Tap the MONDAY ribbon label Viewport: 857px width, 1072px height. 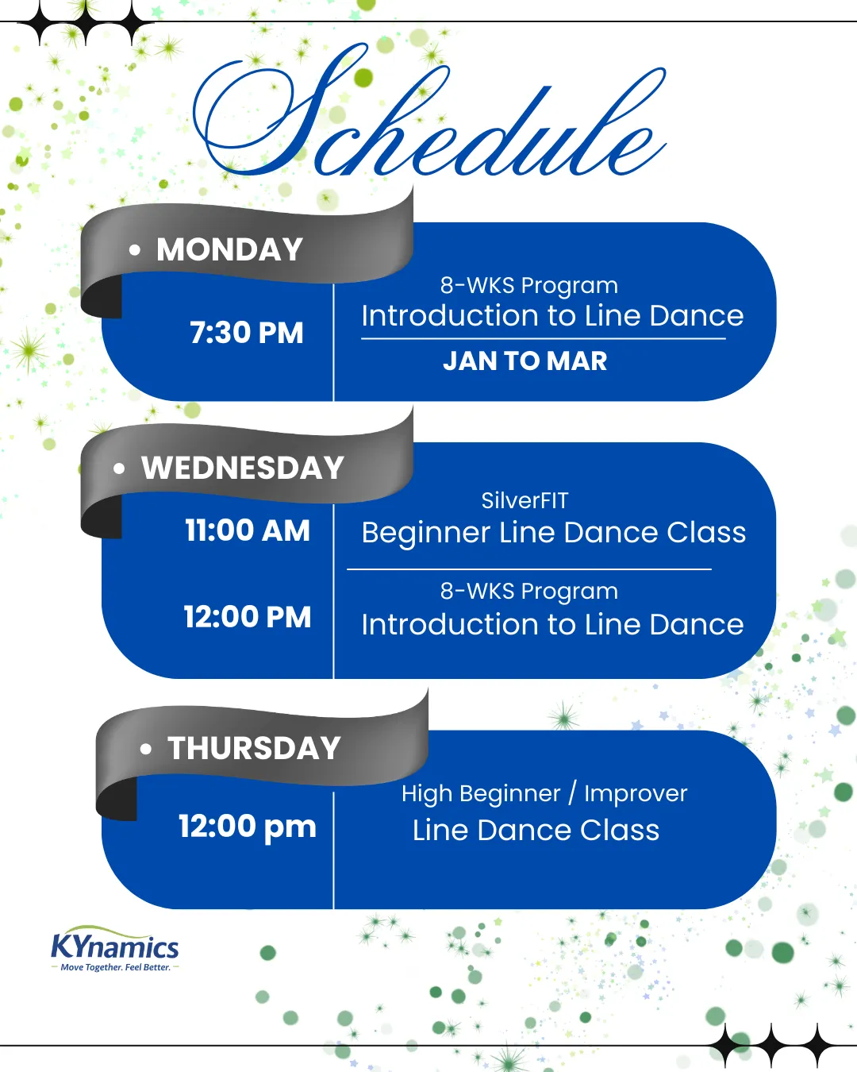[x=229, y=249]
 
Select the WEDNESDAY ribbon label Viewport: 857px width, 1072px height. [x=243, y=468]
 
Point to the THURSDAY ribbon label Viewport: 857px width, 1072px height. [x=254, y=748]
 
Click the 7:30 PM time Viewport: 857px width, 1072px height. [x=247, y=332]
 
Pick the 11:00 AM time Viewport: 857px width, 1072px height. [x=248, y=530]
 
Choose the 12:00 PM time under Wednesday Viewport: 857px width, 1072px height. [x=248, y=617]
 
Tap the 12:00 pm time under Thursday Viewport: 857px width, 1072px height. [x=248, y=828]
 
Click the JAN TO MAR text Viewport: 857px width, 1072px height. [x=525, y=361]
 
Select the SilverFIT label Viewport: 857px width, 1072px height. [x=525, y=500]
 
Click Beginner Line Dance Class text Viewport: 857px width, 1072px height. [x=554, y=534]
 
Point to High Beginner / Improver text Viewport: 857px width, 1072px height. [x=544, y=793]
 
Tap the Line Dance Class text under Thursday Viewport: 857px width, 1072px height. [x=536, y=831]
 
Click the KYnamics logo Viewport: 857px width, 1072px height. [x=114, y=948]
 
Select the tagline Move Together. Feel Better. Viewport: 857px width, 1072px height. [x=116, y=967]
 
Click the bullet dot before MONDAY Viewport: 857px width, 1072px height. [x=134, y=249]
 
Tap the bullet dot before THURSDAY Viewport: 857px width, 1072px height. [x=145, y=749]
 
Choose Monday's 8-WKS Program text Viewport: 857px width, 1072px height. [x=528, y=286]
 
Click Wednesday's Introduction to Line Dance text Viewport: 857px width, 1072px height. [x=553, y=624]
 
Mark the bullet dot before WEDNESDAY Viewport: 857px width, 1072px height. [x=119, y=469]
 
